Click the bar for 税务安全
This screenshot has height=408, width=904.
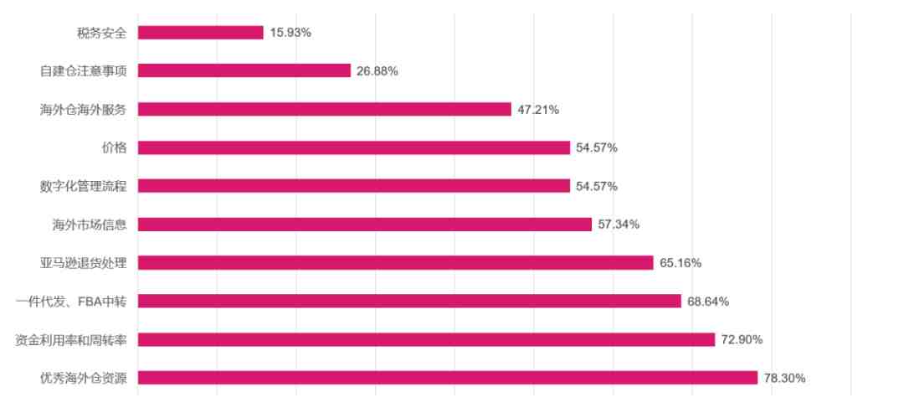tap(200, 33)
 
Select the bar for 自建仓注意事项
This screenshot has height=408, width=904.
tap(244, 70)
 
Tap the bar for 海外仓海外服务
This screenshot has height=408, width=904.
tap(324, 109)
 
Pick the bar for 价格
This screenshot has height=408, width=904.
tap(353, 147)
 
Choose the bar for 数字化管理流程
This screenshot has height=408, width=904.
tap(353, 186)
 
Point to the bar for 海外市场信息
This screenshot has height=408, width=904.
tap(364, 225)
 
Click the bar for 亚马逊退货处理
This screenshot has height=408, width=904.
tap(395, 263)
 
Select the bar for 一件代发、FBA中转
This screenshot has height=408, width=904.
tap(409, 301)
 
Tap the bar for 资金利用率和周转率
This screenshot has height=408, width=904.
tap(426, 339)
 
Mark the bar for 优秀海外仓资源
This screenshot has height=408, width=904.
tap(447, 378)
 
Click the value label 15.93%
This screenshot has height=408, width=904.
tap(290, 33)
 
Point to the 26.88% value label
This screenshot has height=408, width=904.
tap(378, 71)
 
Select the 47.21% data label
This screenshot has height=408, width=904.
tap(538, 110)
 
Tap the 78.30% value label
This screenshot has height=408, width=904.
tap(785, 379)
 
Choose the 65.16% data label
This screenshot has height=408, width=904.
tap(681, 263)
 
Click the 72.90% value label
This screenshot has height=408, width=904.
tap(742, 340)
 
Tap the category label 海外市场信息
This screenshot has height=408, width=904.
tap(89, 225)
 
